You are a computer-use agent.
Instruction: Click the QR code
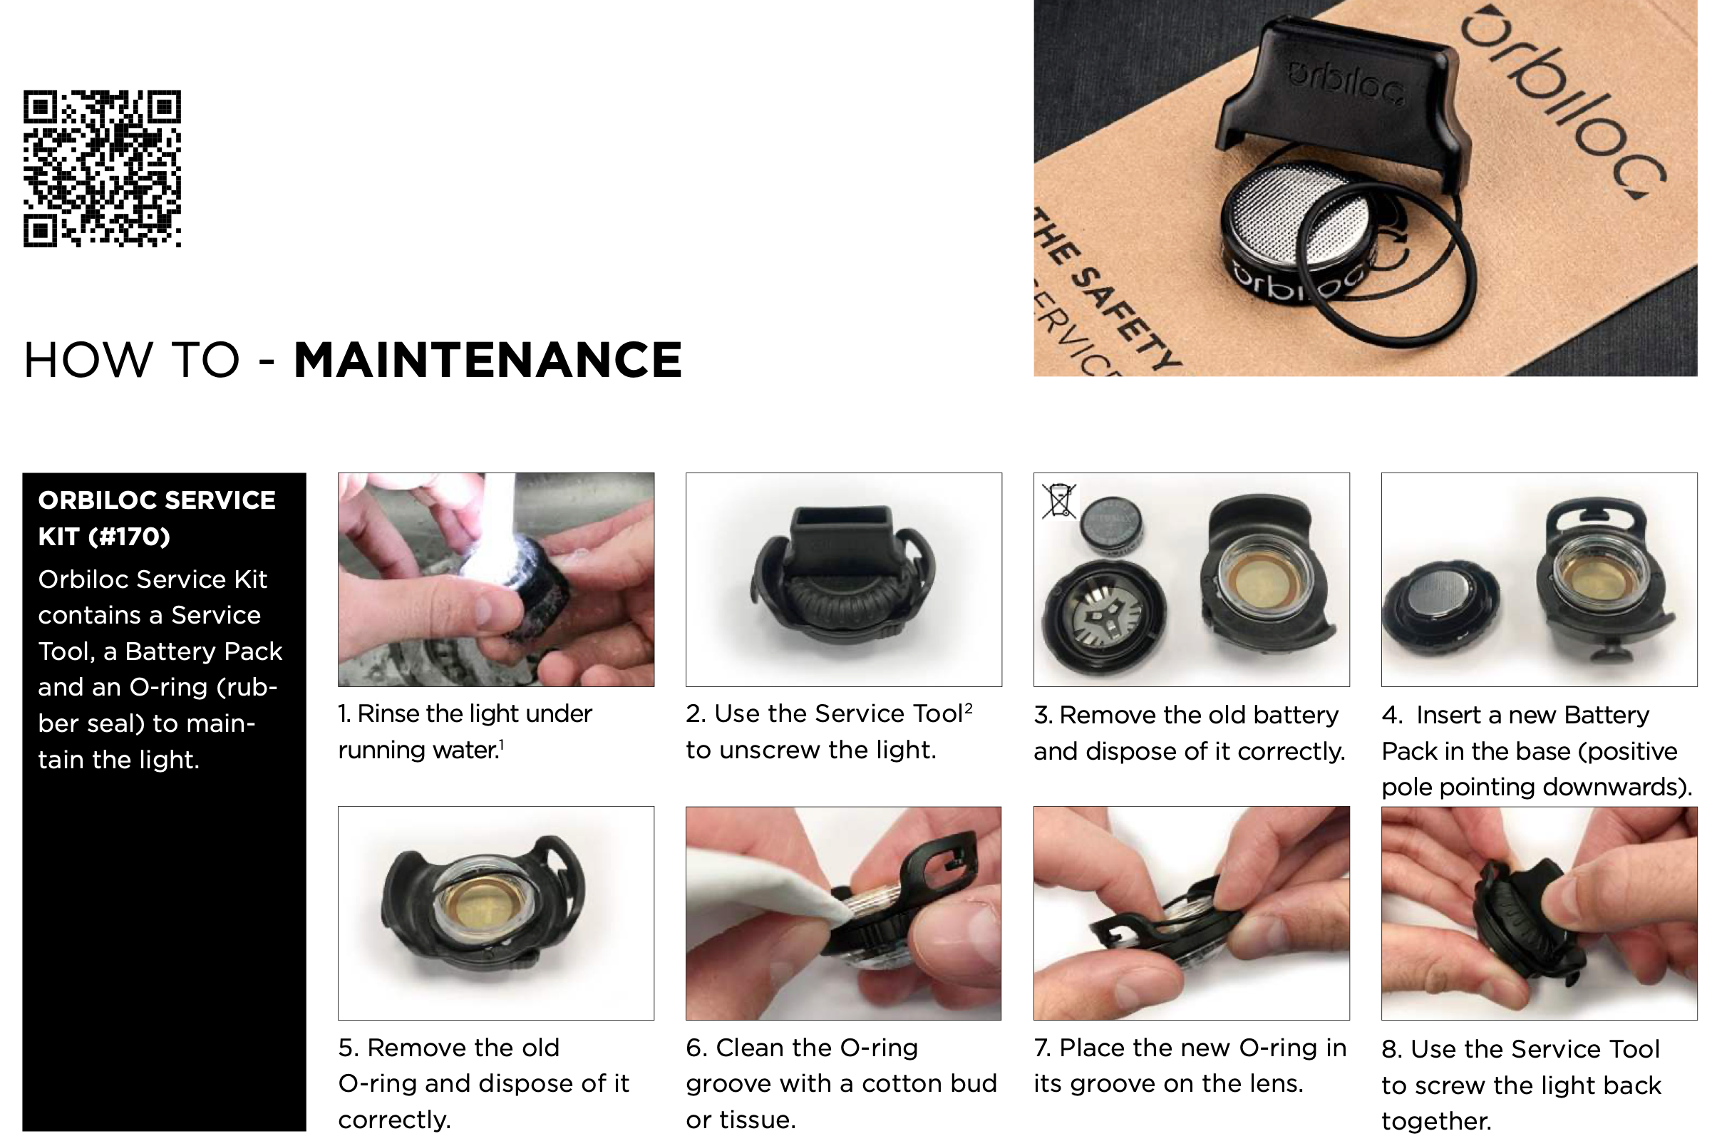point(103,169)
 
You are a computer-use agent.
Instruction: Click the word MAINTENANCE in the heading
point(488,360)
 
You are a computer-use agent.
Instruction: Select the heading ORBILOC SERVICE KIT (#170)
point(158,518)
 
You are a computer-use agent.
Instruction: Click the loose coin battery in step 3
point(1112,523)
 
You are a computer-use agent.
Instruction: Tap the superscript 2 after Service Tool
point(969,708)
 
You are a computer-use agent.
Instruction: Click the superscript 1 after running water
point(502,745)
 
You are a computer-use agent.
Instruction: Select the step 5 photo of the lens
point(495,913)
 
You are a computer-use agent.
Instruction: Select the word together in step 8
point(1436,1120)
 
